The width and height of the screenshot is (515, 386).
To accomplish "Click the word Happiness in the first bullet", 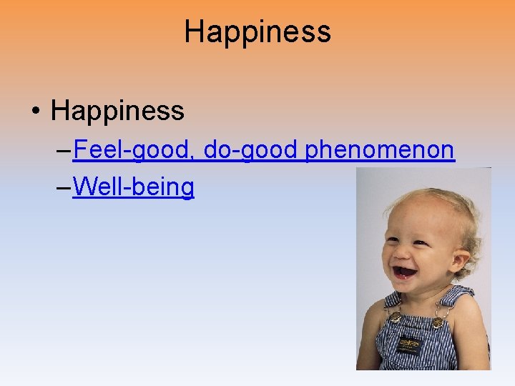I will [117, 111].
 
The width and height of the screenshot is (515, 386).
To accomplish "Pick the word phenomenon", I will [380, 150].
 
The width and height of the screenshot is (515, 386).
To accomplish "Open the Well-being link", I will [133, 187].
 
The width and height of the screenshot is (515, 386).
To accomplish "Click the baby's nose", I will [401, 250].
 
